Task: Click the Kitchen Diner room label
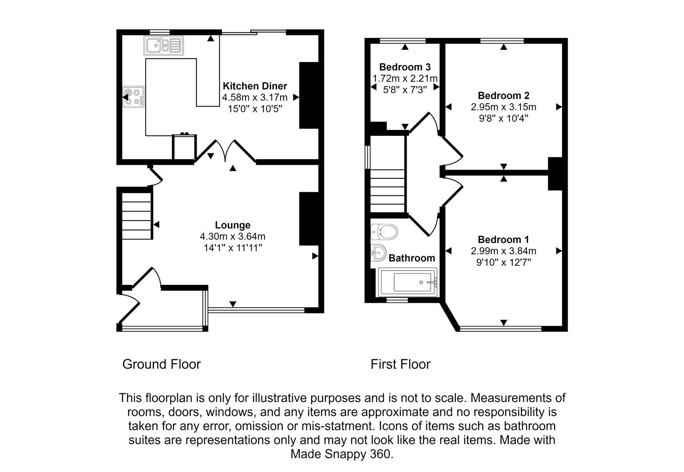(x=255, y=86)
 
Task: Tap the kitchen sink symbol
(x=163, y=45)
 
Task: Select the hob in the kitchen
(x=134, y=97)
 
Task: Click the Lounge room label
(x=233, y=225)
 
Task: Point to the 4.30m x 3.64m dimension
(x=233, y=236)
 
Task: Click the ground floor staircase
(x=137, y=215)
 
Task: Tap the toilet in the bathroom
(x=384, y=232)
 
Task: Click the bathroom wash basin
(x=378, y=252)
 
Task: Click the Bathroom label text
(x=412, y=258)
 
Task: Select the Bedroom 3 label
(x=405, y=67)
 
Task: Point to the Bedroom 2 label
(x=503, y=96)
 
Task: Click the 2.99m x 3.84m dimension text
(x=503, y=251)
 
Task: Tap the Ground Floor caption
(x=161, y=364)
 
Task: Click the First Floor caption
(x=400, y=364)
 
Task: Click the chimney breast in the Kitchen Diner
(x=309, y=95)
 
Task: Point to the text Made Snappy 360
(x=342, y=454)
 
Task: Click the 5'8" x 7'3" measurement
(x=405, y=90)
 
